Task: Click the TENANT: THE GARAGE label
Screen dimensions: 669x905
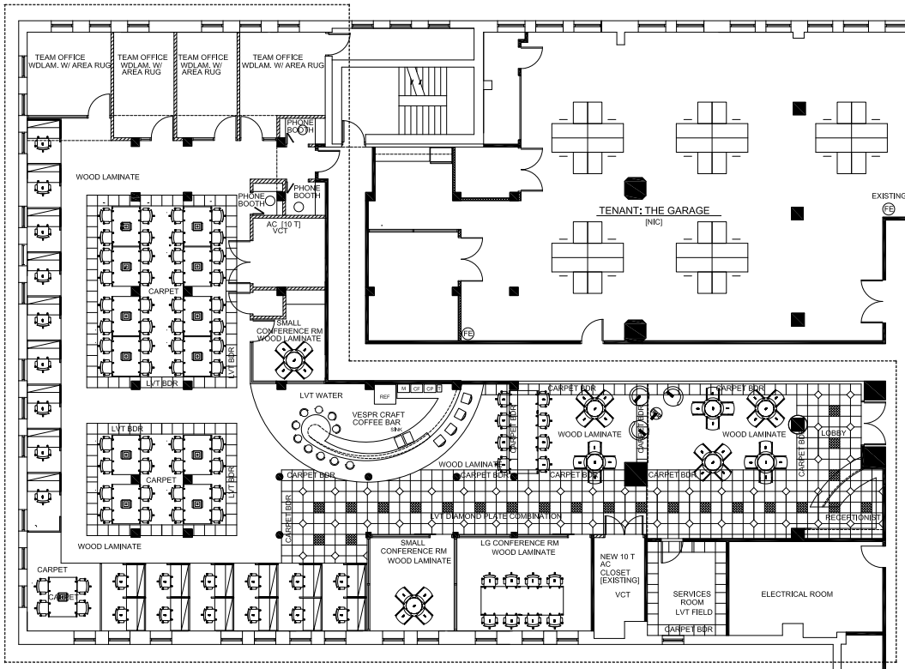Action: (646, 211)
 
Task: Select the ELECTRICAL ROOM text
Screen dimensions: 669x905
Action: (796, 594)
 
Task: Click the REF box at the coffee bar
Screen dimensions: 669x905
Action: (383, 396)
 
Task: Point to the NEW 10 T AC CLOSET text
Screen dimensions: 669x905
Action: (618, 571)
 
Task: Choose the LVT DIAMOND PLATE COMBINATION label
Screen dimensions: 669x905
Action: (496, 516)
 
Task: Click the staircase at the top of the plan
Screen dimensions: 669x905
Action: (420, 94)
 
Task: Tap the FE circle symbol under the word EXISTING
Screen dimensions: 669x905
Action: (889, 209)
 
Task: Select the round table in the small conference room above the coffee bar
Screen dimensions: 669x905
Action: (292, 363)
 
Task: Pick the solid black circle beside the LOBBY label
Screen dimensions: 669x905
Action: (798, 423)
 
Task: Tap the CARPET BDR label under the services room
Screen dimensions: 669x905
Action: (687, 630)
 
